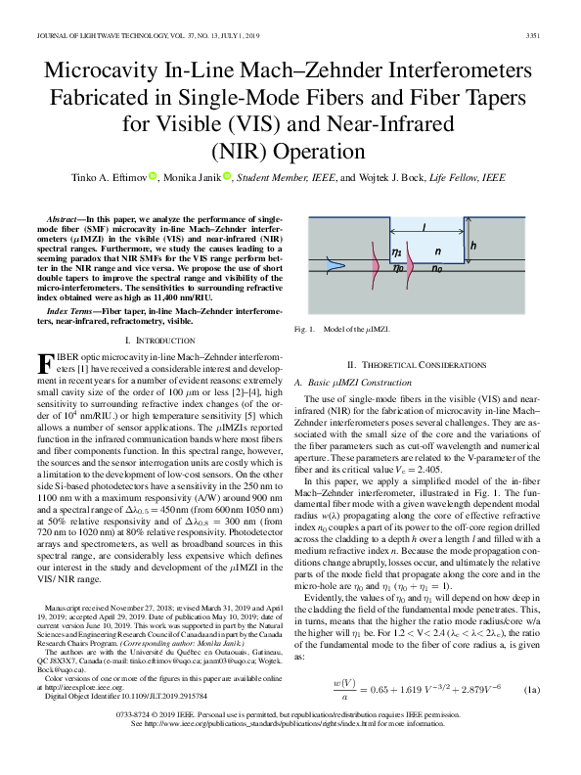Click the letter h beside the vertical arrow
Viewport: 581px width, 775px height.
tap(472, 247)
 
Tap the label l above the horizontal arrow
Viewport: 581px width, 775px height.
tap(423, 226)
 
